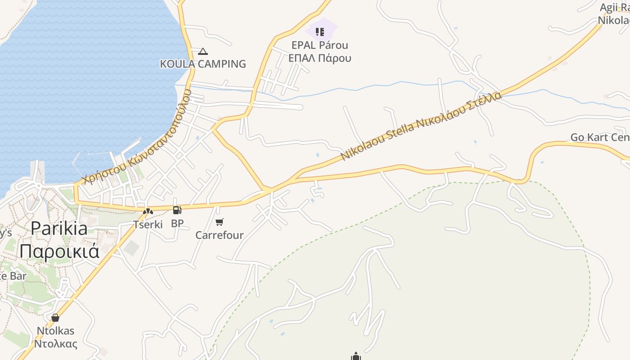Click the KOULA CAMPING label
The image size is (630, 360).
point(203,64)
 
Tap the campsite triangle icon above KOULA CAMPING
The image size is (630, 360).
point(203,52)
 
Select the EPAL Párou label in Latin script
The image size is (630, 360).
point(320,45)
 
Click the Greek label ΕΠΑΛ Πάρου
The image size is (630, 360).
point(320,58)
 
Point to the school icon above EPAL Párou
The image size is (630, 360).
point(320,31)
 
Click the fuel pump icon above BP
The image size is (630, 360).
point(177,210)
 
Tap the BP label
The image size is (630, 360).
point(177,223)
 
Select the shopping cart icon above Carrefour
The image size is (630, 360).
point(220,222)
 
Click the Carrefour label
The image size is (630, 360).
point(220,235)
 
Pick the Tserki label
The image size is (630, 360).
point(148,224)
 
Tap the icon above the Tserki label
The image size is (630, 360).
point(148,211)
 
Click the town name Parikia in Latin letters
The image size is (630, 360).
point(59,229)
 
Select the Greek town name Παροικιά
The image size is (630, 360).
point(59,251)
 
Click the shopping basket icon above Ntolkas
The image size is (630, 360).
point(55,318)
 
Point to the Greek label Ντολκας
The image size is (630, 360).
point(55,344)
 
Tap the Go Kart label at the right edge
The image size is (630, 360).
point(600,137)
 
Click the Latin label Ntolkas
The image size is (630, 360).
point(55,331)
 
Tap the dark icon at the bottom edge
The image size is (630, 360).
point(356,357)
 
